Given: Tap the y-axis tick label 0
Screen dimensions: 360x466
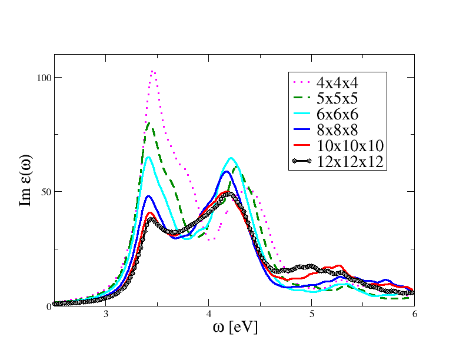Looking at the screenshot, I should click(49, 306).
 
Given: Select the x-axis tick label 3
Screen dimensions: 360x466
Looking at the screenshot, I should click(106, 314).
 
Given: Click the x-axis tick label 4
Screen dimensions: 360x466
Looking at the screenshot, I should click(209, 314).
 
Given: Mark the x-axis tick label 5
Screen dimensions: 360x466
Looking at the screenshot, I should click(312, 314).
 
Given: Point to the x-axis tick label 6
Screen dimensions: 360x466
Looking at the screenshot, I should click(414, 314).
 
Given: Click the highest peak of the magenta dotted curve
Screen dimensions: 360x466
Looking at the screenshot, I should click(153, 71).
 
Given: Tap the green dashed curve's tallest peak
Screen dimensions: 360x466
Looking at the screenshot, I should click(150, 123).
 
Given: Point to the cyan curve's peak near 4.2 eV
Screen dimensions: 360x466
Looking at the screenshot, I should click(231, 158).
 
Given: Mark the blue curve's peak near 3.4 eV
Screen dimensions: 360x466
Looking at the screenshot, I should click(149, 196).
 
